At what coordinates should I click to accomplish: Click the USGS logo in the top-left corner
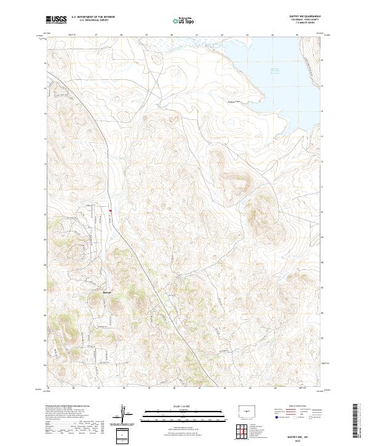pos(56,20)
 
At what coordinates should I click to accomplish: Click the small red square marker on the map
pos(110,212)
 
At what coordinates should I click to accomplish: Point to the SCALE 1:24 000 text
pos(184,406)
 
